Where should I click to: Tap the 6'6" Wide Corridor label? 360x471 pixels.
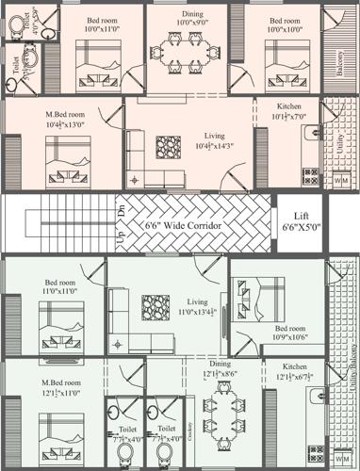tap(183, 227)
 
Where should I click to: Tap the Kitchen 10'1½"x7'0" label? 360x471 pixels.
tap(282, 111)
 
